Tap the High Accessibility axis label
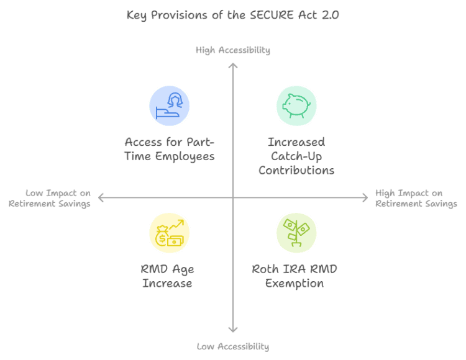pos(233,50)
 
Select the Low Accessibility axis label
pos(233,346)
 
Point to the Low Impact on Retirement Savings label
pos(50,198)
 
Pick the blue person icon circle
pos(169,106)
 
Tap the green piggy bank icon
pos(296,106)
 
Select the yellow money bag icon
pos(169,233)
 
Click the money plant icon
pos(296,233)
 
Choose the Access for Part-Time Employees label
pos(169,149)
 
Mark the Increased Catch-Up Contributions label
pos(296,156)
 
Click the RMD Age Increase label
pos(167,276)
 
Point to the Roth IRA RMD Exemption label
pos(295,276)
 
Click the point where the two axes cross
pos(233,198)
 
